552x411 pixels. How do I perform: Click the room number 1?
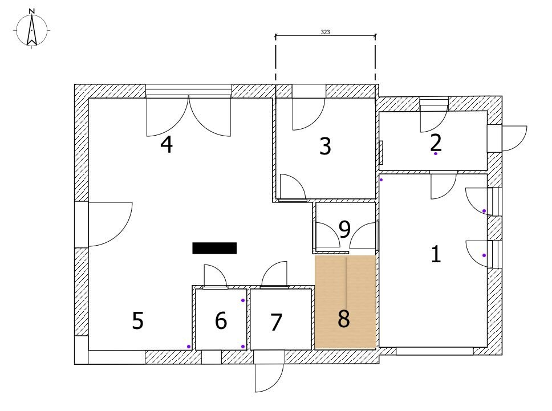click(436, 254)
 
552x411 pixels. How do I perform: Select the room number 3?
click(325, 146)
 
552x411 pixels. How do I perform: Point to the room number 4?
click(167, 144)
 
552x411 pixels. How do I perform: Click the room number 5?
click(137, 320)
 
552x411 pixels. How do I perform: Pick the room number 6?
click(221, 320)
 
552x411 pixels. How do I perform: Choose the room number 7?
click(277, 322)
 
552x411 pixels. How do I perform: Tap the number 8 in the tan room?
click(344, 319)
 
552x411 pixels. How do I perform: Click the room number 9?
click(344, 229)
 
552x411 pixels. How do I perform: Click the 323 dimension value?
click(325, 32)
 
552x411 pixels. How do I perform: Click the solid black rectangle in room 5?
click(214, 248)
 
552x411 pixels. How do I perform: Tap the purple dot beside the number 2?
click(436, 153)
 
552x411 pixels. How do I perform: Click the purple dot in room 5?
click(189, 347)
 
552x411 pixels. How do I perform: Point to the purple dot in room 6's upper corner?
click(243, 300)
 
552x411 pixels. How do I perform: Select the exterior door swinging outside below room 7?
click(269, 377)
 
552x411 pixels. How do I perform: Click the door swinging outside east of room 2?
click(514, 139)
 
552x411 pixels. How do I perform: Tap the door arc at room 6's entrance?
click(215, 276)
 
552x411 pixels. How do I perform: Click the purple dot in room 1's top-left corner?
click(381, 180)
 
